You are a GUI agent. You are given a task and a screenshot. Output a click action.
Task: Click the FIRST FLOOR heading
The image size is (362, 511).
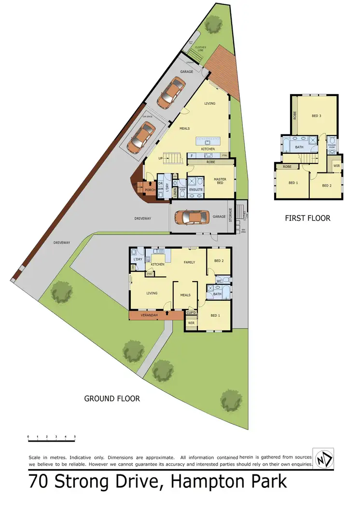point(307,218)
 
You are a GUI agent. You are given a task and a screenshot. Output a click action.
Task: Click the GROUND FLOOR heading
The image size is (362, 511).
point(112,399)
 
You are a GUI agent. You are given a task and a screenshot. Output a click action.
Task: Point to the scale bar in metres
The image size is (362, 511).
point(51,439)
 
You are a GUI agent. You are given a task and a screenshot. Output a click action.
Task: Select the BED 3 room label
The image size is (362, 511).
point(316,116)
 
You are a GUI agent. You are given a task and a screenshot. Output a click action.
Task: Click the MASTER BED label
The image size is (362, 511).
point(220,181)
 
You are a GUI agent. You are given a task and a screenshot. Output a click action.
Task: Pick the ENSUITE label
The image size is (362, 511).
point(196,190)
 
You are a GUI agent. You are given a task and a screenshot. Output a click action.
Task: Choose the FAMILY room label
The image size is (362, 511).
point(189,262)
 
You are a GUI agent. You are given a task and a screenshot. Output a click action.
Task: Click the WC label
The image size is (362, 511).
point(218,281)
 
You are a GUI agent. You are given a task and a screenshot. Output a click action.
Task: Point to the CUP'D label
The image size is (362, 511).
point(191,313)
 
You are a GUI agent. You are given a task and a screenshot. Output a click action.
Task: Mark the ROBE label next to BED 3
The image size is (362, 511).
point(294,116)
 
